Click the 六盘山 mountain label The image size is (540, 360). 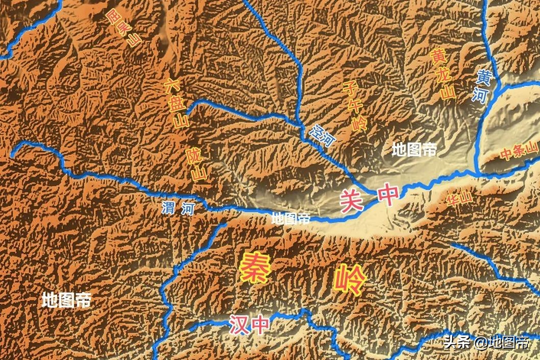tap(176, 104)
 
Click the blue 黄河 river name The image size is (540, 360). tap(482, 86)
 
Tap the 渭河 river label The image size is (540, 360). tap(178, 208)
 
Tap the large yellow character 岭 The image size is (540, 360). tap(350, 280)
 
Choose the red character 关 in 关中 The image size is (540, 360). tap(352, 199)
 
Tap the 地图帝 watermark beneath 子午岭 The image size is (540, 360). tap(414, 150)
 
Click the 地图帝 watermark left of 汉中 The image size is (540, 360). tap(66, 300)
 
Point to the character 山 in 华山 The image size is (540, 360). tap(463, 197)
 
